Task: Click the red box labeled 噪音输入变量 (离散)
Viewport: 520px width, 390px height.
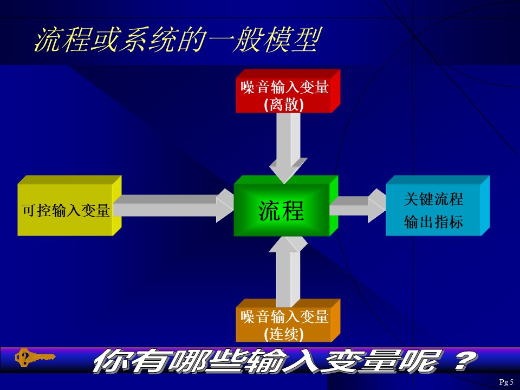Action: pos(288,91)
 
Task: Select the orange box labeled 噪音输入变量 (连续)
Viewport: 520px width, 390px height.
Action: pos(288,321)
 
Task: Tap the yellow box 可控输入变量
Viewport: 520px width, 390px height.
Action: pos(69,206)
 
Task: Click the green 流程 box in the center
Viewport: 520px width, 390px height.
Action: pos(286,206)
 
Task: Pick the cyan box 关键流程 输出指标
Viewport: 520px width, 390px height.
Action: pos(438,206)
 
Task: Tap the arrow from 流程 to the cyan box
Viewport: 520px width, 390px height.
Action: pos(358,206)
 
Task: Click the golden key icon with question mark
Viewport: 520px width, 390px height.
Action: pos(35,357)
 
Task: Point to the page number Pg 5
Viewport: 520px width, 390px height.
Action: pos(506,382)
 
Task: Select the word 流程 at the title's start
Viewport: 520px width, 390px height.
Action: pos(62,40)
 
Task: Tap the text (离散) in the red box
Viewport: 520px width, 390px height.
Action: pos(284,105)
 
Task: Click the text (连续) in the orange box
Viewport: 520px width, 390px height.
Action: pos(284,334)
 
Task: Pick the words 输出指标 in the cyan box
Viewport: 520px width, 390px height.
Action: pos(433,222)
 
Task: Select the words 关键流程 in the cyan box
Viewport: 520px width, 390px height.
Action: pos(433,199)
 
